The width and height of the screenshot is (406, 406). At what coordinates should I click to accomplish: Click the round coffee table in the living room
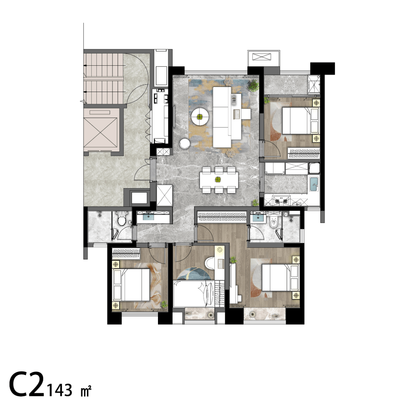[200, 117]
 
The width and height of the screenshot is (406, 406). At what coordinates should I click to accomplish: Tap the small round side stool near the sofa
[185, 144]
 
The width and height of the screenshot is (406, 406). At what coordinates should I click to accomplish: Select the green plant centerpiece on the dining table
[218, 179]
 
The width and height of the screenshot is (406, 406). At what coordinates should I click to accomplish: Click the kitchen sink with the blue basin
[314, 184]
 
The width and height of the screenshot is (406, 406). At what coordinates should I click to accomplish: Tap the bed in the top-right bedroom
[300, 120]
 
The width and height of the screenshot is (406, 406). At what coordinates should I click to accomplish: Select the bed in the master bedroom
[280, 278]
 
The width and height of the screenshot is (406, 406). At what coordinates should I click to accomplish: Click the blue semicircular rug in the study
[194, 274]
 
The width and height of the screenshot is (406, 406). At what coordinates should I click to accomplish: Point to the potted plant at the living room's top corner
[253, 86]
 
